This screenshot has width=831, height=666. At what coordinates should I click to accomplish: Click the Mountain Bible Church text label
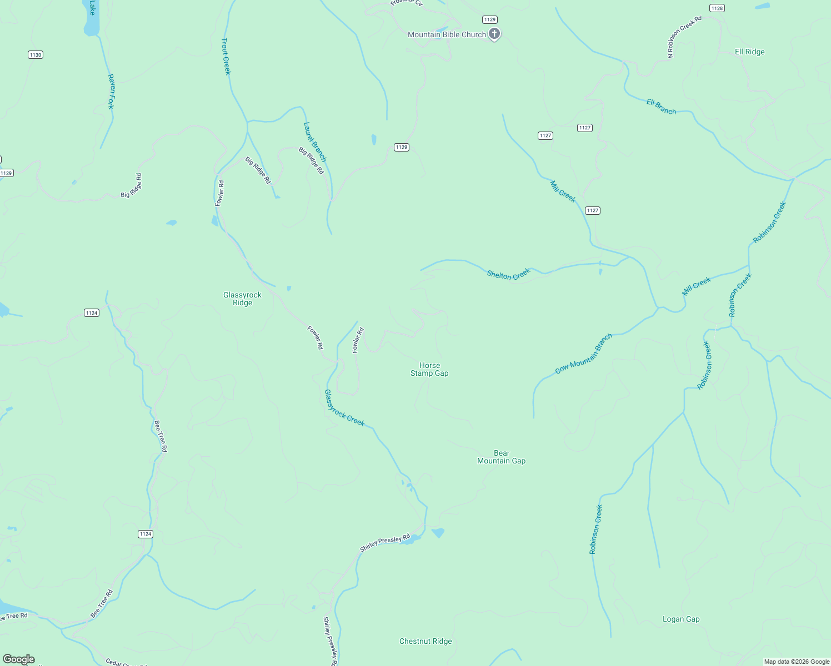tap(447, 34)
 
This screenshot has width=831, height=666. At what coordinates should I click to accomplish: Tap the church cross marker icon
tap(494, 34)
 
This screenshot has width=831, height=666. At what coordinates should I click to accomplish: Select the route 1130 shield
tap(36, 55)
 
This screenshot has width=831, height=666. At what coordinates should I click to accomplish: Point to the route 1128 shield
tap(717, 8)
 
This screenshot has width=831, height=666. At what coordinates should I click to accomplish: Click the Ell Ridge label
tap(749, 52)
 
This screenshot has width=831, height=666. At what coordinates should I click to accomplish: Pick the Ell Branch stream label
tap(661, 107)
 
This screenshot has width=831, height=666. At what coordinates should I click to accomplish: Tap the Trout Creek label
tap(226, 56)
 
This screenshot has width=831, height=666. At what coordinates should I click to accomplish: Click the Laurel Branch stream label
tap(315, 142)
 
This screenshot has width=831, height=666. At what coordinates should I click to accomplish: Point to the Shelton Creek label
tap(508, 274)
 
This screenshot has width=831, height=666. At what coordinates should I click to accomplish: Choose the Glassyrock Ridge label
tap(242, 299)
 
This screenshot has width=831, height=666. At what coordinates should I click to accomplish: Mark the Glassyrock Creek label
tap(344, 408)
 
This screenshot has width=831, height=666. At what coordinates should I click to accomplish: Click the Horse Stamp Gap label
tap(429, 369)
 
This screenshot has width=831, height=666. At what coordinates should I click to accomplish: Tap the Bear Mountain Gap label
tap(501, 457)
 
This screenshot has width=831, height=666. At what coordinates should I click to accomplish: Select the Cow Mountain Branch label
tap(584, 354)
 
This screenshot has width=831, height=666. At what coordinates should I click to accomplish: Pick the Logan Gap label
tap(681, 619)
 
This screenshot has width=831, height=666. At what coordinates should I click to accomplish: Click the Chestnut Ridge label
tap(425, 641)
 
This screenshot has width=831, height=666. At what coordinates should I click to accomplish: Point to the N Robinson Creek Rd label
tap(684, 37)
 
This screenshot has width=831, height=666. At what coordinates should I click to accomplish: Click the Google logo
tap(19, 659)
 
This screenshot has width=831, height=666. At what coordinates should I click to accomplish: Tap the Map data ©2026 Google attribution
tap(797, 662)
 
